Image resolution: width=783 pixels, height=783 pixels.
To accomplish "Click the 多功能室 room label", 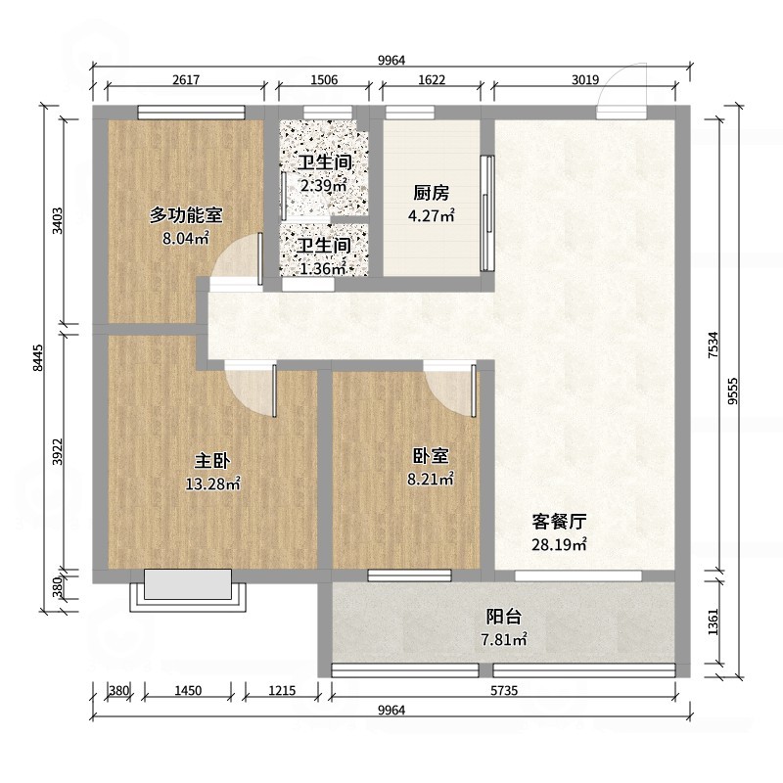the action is click(x=186, y=215).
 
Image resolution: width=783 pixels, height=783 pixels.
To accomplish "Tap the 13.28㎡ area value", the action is click(x=213, y=484).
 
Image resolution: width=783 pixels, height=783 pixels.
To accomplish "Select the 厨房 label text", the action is click(x=431, y=193).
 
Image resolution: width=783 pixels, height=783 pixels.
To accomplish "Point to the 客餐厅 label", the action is click(x=559, y=522).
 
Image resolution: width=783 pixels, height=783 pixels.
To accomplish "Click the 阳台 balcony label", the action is click(x=504, y=617).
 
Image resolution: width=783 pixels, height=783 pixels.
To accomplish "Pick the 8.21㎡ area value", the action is click(x=431, y=479).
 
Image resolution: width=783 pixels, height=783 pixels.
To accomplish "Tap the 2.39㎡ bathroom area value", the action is click(x=324, y=185).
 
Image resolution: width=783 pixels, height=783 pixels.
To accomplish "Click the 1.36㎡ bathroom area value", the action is click(x=323, y=268).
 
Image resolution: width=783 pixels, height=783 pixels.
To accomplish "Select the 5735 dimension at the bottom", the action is click(x=504, y=691).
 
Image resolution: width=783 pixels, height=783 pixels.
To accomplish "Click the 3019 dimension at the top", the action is click(x=584, y=80).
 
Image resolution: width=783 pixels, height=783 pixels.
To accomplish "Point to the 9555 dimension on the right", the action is click(x=732, y=391).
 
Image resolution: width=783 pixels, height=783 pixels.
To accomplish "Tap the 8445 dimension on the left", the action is click(x=38, y=357).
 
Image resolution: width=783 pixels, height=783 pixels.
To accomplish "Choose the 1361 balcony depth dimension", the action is click(x=714, y=622).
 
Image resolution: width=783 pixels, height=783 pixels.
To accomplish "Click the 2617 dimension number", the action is click(x=186, y=80).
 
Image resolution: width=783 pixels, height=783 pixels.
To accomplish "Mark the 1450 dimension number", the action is click(x=188, y=691).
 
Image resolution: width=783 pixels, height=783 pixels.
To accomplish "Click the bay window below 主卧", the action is click(x=188, y=590).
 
